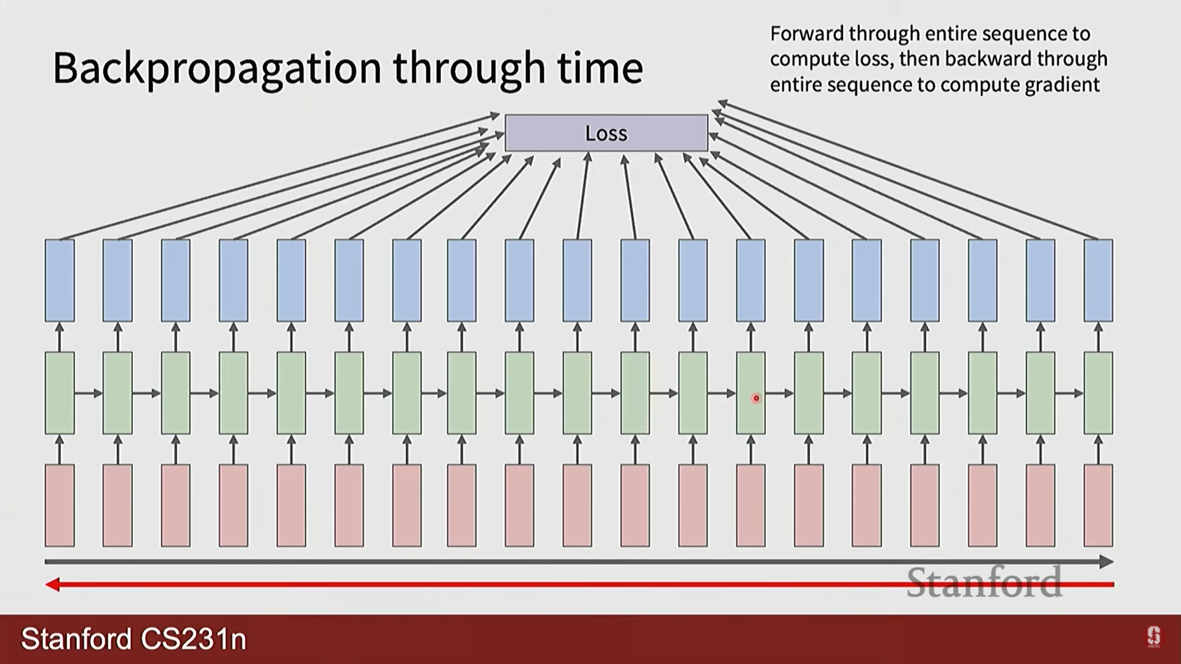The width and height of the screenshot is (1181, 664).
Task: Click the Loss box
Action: (606, 133)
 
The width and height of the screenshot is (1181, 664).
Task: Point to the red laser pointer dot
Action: (756, 398)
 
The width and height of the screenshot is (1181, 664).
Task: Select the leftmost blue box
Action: (60, 280)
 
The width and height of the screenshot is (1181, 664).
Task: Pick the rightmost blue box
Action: (1098, 280)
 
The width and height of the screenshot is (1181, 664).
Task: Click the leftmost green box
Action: (60, 393)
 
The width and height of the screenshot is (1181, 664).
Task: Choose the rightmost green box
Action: (1098, 393)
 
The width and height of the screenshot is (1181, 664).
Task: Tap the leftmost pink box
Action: (60, 505)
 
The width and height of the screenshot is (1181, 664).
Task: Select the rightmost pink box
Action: (1098, 505)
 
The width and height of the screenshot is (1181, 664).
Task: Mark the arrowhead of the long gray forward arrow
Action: (1107, 561)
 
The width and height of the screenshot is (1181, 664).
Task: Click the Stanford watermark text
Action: (984, 582)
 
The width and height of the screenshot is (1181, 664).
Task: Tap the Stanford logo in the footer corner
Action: (1153, 637)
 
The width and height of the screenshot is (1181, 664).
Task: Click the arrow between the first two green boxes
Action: (89, 393)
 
